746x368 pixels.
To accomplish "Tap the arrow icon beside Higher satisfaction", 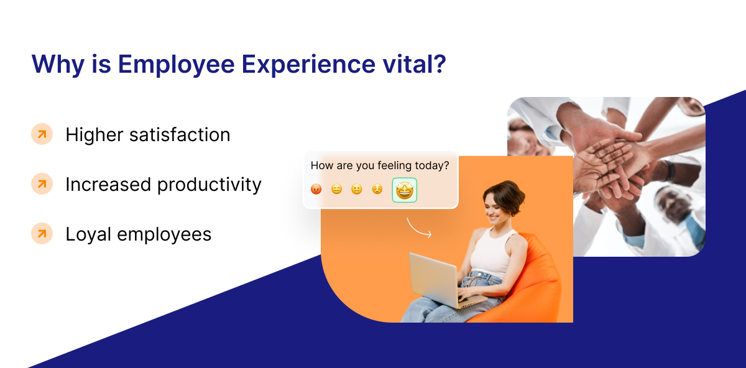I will tap(42, 134).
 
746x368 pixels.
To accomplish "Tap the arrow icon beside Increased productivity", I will tap(42, 184).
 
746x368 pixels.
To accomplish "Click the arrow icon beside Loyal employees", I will tap(42, 234).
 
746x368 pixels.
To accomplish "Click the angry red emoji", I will tap(316, 190).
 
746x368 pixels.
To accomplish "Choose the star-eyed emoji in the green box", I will tap(404, 190).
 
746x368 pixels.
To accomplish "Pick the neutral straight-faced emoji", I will tap(336, 190).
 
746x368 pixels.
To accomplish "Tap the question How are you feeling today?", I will tap(379, 166).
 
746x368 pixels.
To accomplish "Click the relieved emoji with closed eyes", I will tap(377, 190).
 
